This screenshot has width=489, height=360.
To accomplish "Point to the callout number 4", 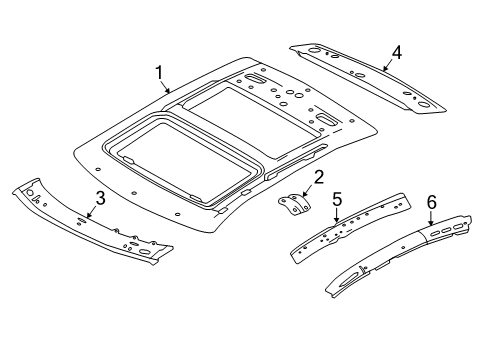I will tap(397, 52).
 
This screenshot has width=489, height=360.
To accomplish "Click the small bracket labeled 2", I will tap(294, 208).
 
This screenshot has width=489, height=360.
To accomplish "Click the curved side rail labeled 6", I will tap(400, 255).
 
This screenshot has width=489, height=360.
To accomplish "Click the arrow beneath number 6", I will tap(431, 219).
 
